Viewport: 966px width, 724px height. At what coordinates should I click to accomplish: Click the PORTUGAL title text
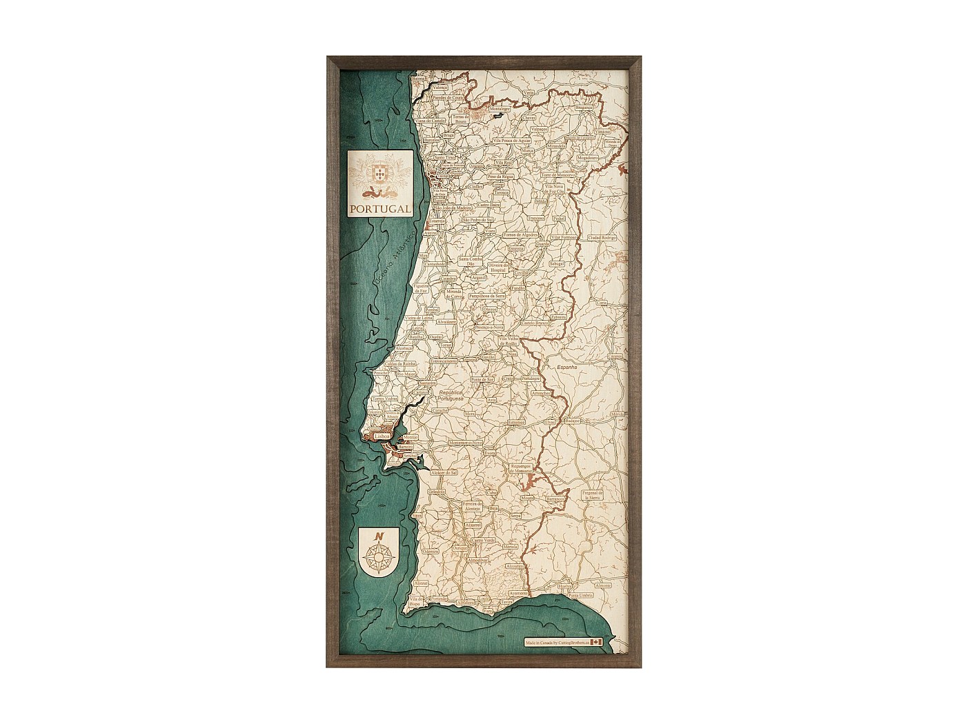coord(379,209)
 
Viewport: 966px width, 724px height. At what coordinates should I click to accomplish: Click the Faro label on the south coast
coord(489,611)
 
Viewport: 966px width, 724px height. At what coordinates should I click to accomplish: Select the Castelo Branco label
coord(534,323)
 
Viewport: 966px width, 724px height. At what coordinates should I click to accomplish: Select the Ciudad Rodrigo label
coord(602,237)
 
